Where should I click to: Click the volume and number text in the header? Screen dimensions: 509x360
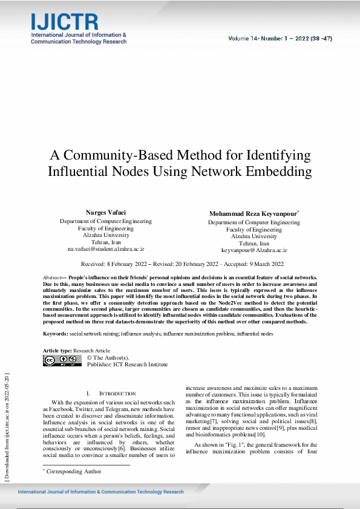click(280, 39)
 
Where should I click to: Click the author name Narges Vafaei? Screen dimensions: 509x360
click(106, 213)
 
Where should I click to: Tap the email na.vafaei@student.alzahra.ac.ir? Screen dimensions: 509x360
click(106, 249)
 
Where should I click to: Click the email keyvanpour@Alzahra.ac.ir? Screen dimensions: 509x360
click(254, 250)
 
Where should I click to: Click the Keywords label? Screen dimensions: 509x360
click(55, 334)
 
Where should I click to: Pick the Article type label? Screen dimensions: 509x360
click(57, 351)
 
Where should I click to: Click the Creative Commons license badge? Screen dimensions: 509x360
click(62, 360)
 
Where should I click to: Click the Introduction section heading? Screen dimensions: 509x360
click(109, 394)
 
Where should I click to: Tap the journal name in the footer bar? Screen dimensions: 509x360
click(100, 492)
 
